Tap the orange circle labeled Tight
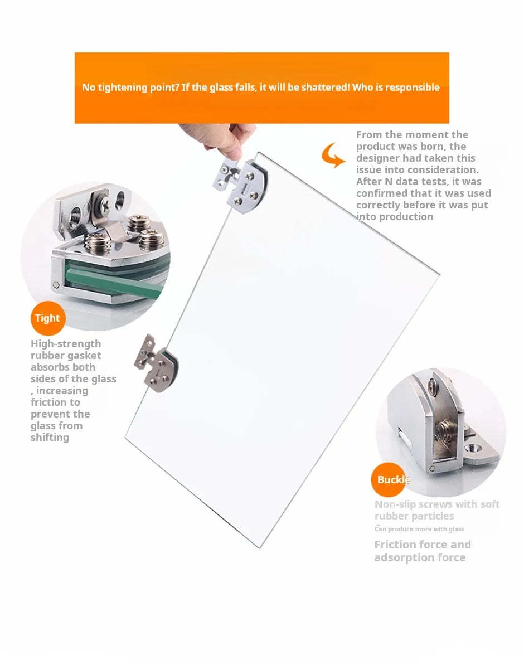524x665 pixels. tap(48, 318)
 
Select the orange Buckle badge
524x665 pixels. tap(389, 480)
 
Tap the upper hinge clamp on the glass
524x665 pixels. tap(241, 185)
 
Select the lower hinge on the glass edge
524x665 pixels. tap(156, 363)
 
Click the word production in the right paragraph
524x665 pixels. tap(406, 217)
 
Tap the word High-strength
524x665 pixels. tap(66, 344)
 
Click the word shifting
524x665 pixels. tap(50, 437)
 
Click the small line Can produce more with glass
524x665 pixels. tap(419, 529)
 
